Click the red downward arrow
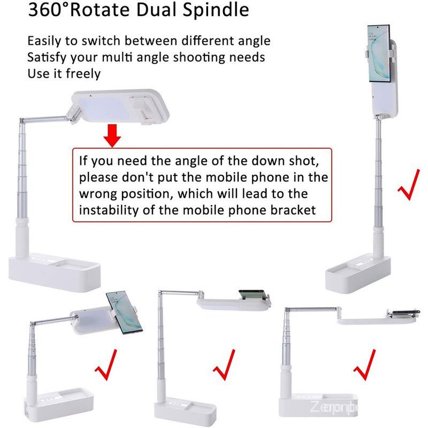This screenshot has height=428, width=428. click(112, 136)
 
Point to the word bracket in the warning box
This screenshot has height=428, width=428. click(293, 210)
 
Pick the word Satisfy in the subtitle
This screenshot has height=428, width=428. click(49, 57)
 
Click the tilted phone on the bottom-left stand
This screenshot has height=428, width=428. click(124, 312)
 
